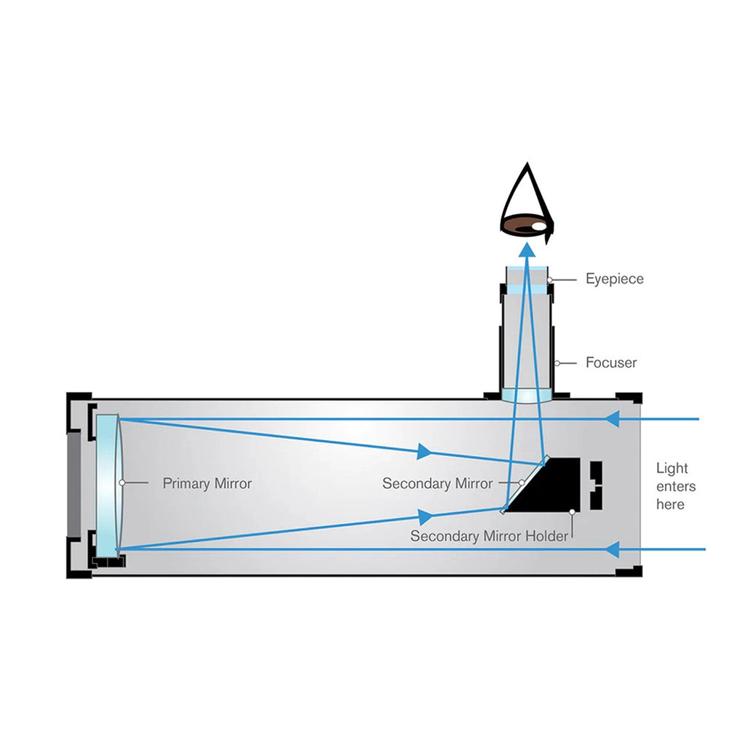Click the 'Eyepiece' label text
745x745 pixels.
614,279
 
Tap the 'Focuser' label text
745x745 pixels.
611,362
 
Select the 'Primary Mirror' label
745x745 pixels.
207,483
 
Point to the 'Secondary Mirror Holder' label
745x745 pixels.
489,536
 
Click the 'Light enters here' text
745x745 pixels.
676,486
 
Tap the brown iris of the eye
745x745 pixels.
525,226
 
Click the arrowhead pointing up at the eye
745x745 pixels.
526,250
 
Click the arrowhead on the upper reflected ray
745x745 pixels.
424,451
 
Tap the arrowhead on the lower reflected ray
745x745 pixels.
425,516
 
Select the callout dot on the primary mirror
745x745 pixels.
122,483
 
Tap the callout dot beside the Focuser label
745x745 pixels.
557,363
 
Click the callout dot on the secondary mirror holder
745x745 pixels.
573,511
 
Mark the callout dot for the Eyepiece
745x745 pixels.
550,280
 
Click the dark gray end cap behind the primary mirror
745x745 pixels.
73,484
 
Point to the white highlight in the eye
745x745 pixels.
539,226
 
